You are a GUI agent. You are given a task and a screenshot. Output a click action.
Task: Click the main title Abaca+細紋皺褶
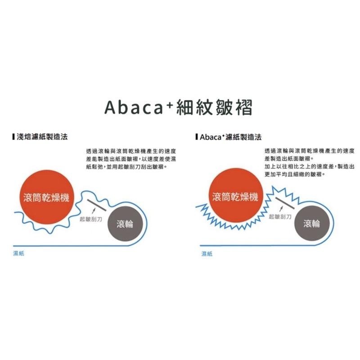178,108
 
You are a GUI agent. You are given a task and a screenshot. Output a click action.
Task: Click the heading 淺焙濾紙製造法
42,137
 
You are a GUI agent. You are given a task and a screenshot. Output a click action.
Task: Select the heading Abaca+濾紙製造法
230,137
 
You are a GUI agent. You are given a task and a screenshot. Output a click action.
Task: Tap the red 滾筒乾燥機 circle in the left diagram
47,197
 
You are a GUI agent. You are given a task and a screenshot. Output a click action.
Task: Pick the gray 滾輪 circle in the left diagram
125,224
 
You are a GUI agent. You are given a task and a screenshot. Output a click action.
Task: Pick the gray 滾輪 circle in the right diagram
311,223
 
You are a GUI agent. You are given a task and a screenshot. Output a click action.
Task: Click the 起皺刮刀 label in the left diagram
91,219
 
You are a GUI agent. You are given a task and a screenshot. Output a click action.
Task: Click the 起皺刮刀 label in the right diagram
280,217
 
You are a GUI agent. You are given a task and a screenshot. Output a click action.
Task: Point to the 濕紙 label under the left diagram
18,253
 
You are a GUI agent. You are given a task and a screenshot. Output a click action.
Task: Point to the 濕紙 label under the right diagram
207,254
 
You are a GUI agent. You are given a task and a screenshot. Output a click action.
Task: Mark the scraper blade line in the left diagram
96,205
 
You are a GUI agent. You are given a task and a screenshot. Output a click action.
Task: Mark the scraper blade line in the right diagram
285,203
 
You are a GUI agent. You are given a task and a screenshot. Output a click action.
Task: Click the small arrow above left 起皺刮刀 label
93,211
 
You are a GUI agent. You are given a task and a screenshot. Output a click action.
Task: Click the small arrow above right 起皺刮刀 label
281,209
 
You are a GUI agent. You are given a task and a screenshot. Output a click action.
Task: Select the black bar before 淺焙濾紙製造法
14,137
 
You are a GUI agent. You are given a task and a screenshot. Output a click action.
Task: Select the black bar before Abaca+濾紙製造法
197,137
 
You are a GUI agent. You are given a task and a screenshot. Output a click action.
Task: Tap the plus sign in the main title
170,104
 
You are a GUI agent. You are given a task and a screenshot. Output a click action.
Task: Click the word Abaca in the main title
134,108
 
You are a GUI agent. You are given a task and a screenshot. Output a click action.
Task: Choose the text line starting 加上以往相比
310,166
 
